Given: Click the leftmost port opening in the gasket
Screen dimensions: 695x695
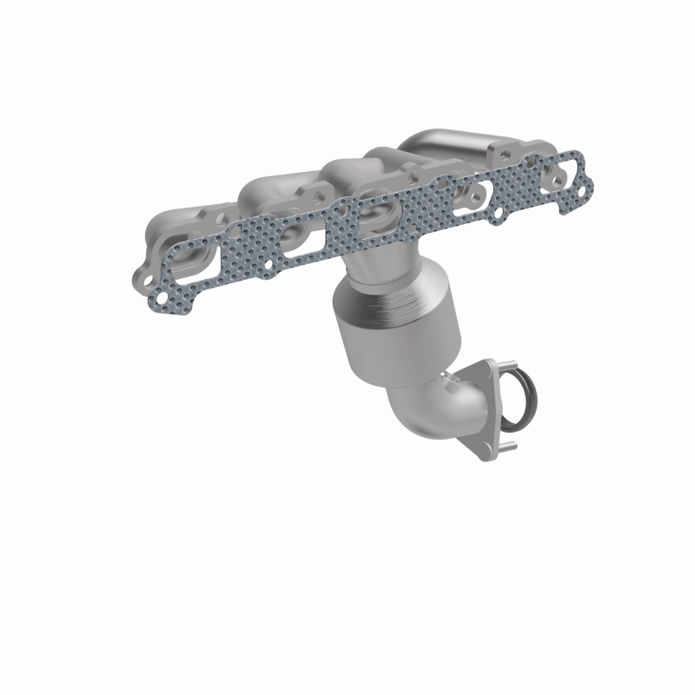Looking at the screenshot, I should pos(195,261).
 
